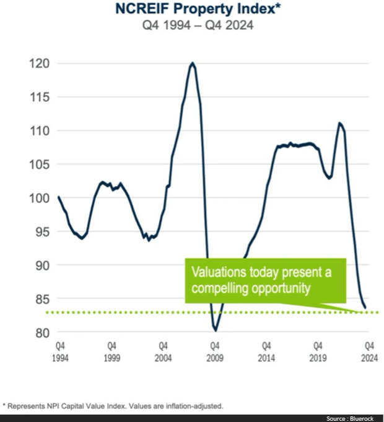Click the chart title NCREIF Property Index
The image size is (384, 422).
(191, 11)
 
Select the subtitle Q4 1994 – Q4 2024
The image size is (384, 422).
(192, 27)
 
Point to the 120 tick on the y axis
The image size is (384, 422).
(41, 64)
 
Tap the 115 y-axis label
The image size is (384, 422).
(41, 97)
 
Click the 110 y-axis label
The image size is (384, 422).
(41, 131)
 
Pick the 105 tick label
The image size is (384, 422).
(41, 164)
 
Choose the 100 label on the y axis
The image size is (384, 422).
(41, 199)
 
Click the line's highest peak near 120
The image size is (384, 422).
(193, 63)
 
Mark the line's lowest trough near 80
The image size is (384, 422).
(216, 330)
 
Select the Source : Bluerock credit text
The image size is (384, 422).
(353, 418)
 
